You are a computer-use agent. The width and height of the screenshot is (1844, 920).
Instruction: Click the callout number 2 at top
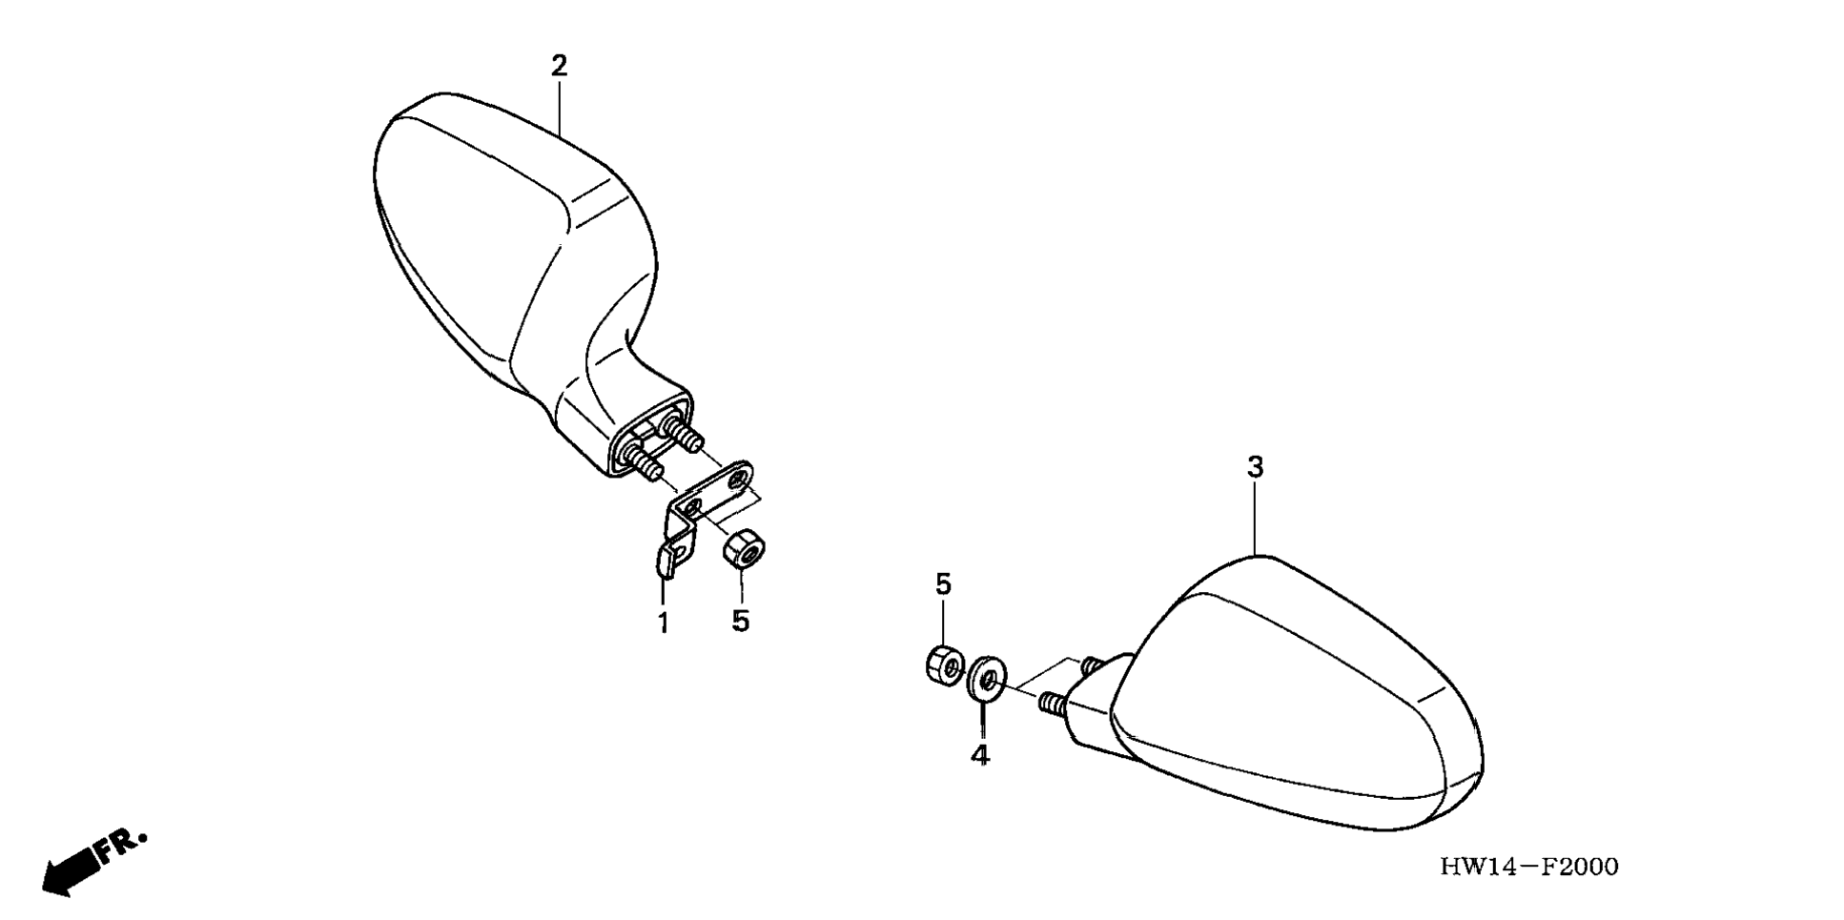559,66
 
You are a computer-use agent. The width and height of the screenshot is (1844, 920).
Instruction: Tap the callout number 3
1255,467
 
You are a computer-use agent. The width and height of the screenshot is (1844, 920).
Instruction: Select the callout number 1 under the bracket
663,624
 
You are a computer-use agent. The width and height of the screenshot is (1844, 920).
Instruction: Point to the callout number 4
980,755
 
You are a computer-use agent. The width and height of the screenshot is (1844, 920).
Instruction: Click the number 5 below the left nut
741,621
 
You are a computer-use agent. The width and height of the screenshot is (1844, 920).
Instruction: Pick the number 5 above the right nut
943,584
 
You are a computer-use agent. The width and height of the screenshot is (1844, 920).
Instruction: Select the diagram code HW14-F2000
1528,867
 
